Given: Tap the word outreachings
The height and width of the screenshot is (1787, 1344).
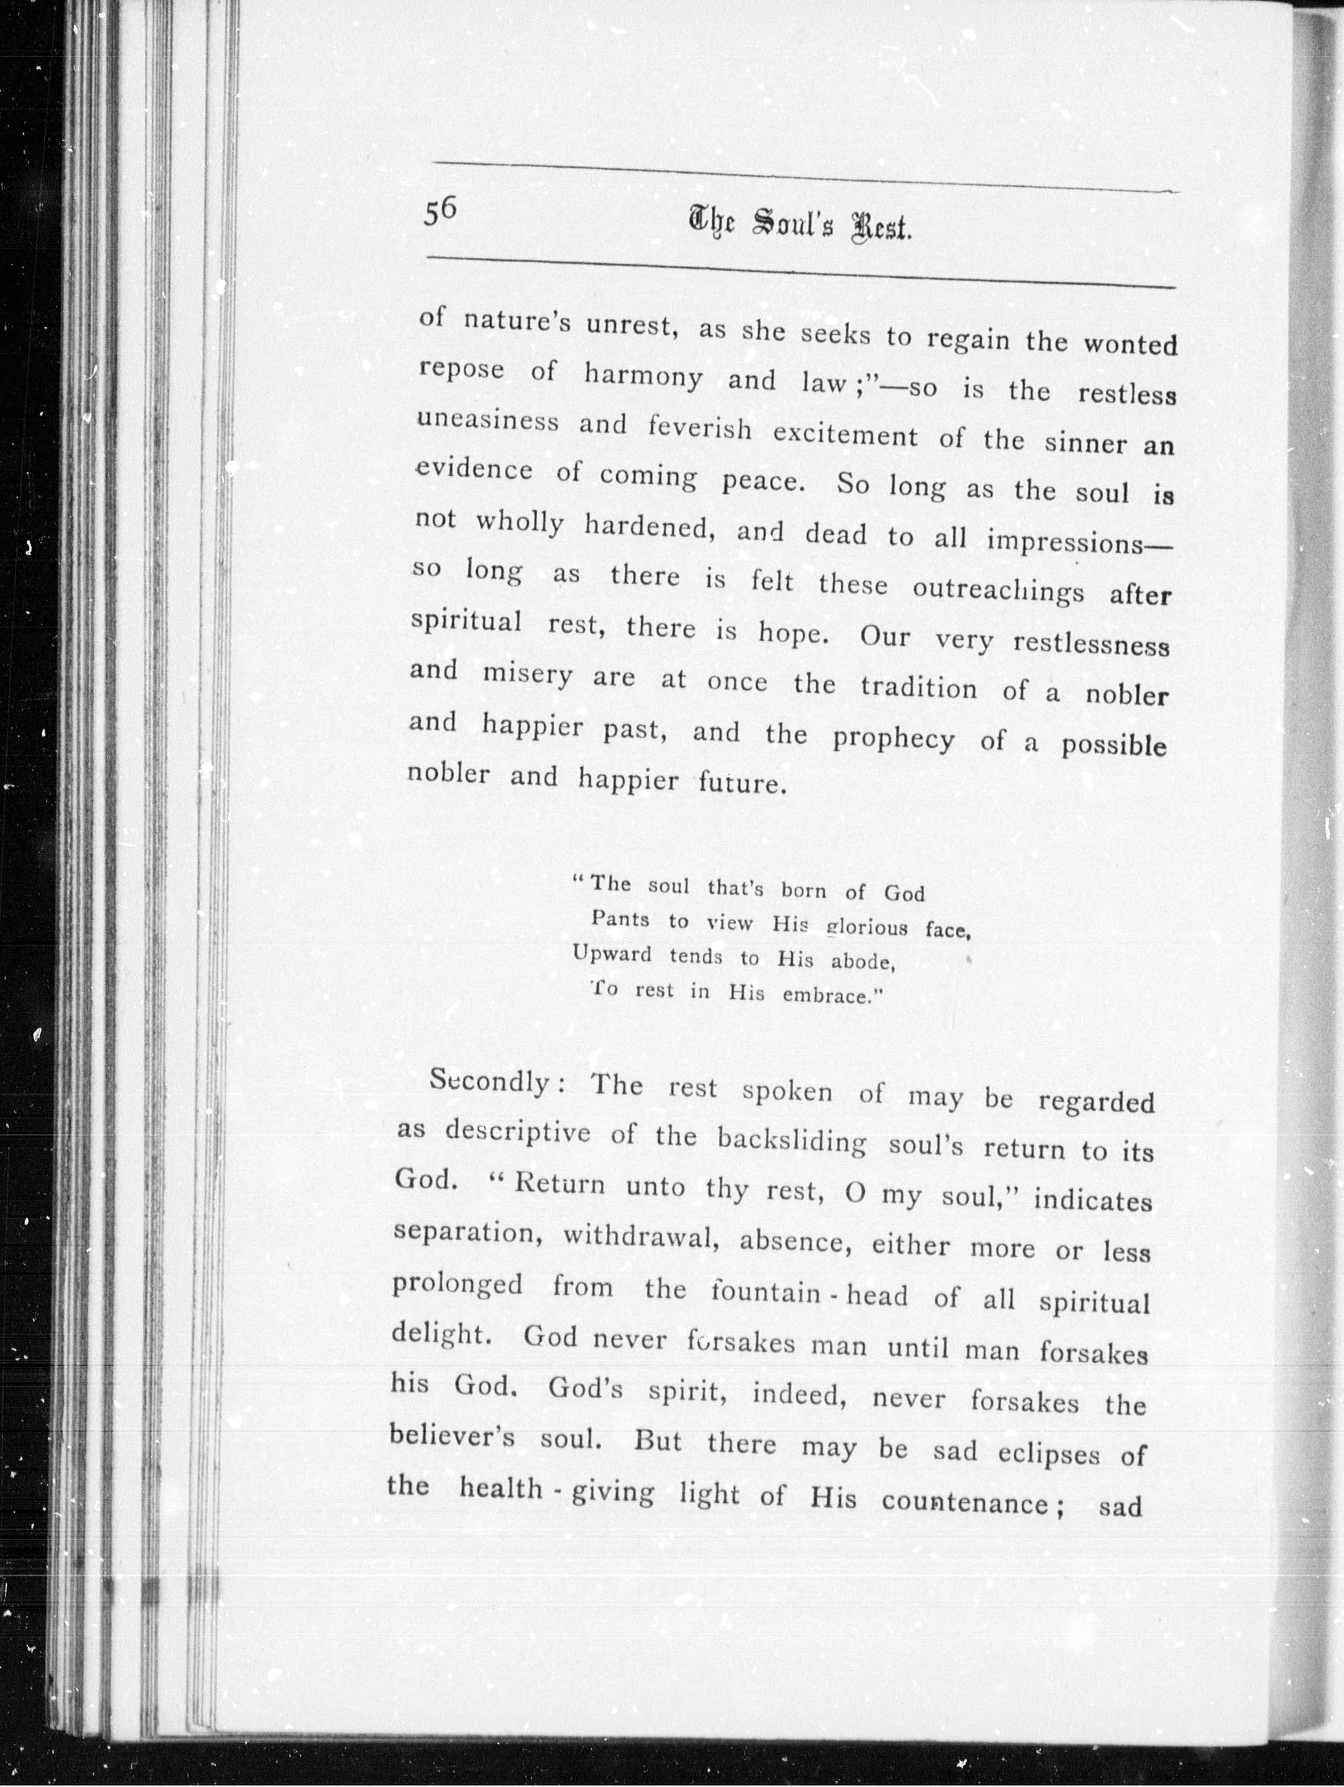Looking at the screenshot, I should click(997, 590).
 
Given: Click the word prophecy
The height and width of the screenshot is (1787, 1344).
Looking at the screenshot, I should click(893, 739).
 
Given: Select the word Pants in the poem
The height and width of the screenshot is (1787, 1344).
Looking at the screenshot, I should click(620, 919).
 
